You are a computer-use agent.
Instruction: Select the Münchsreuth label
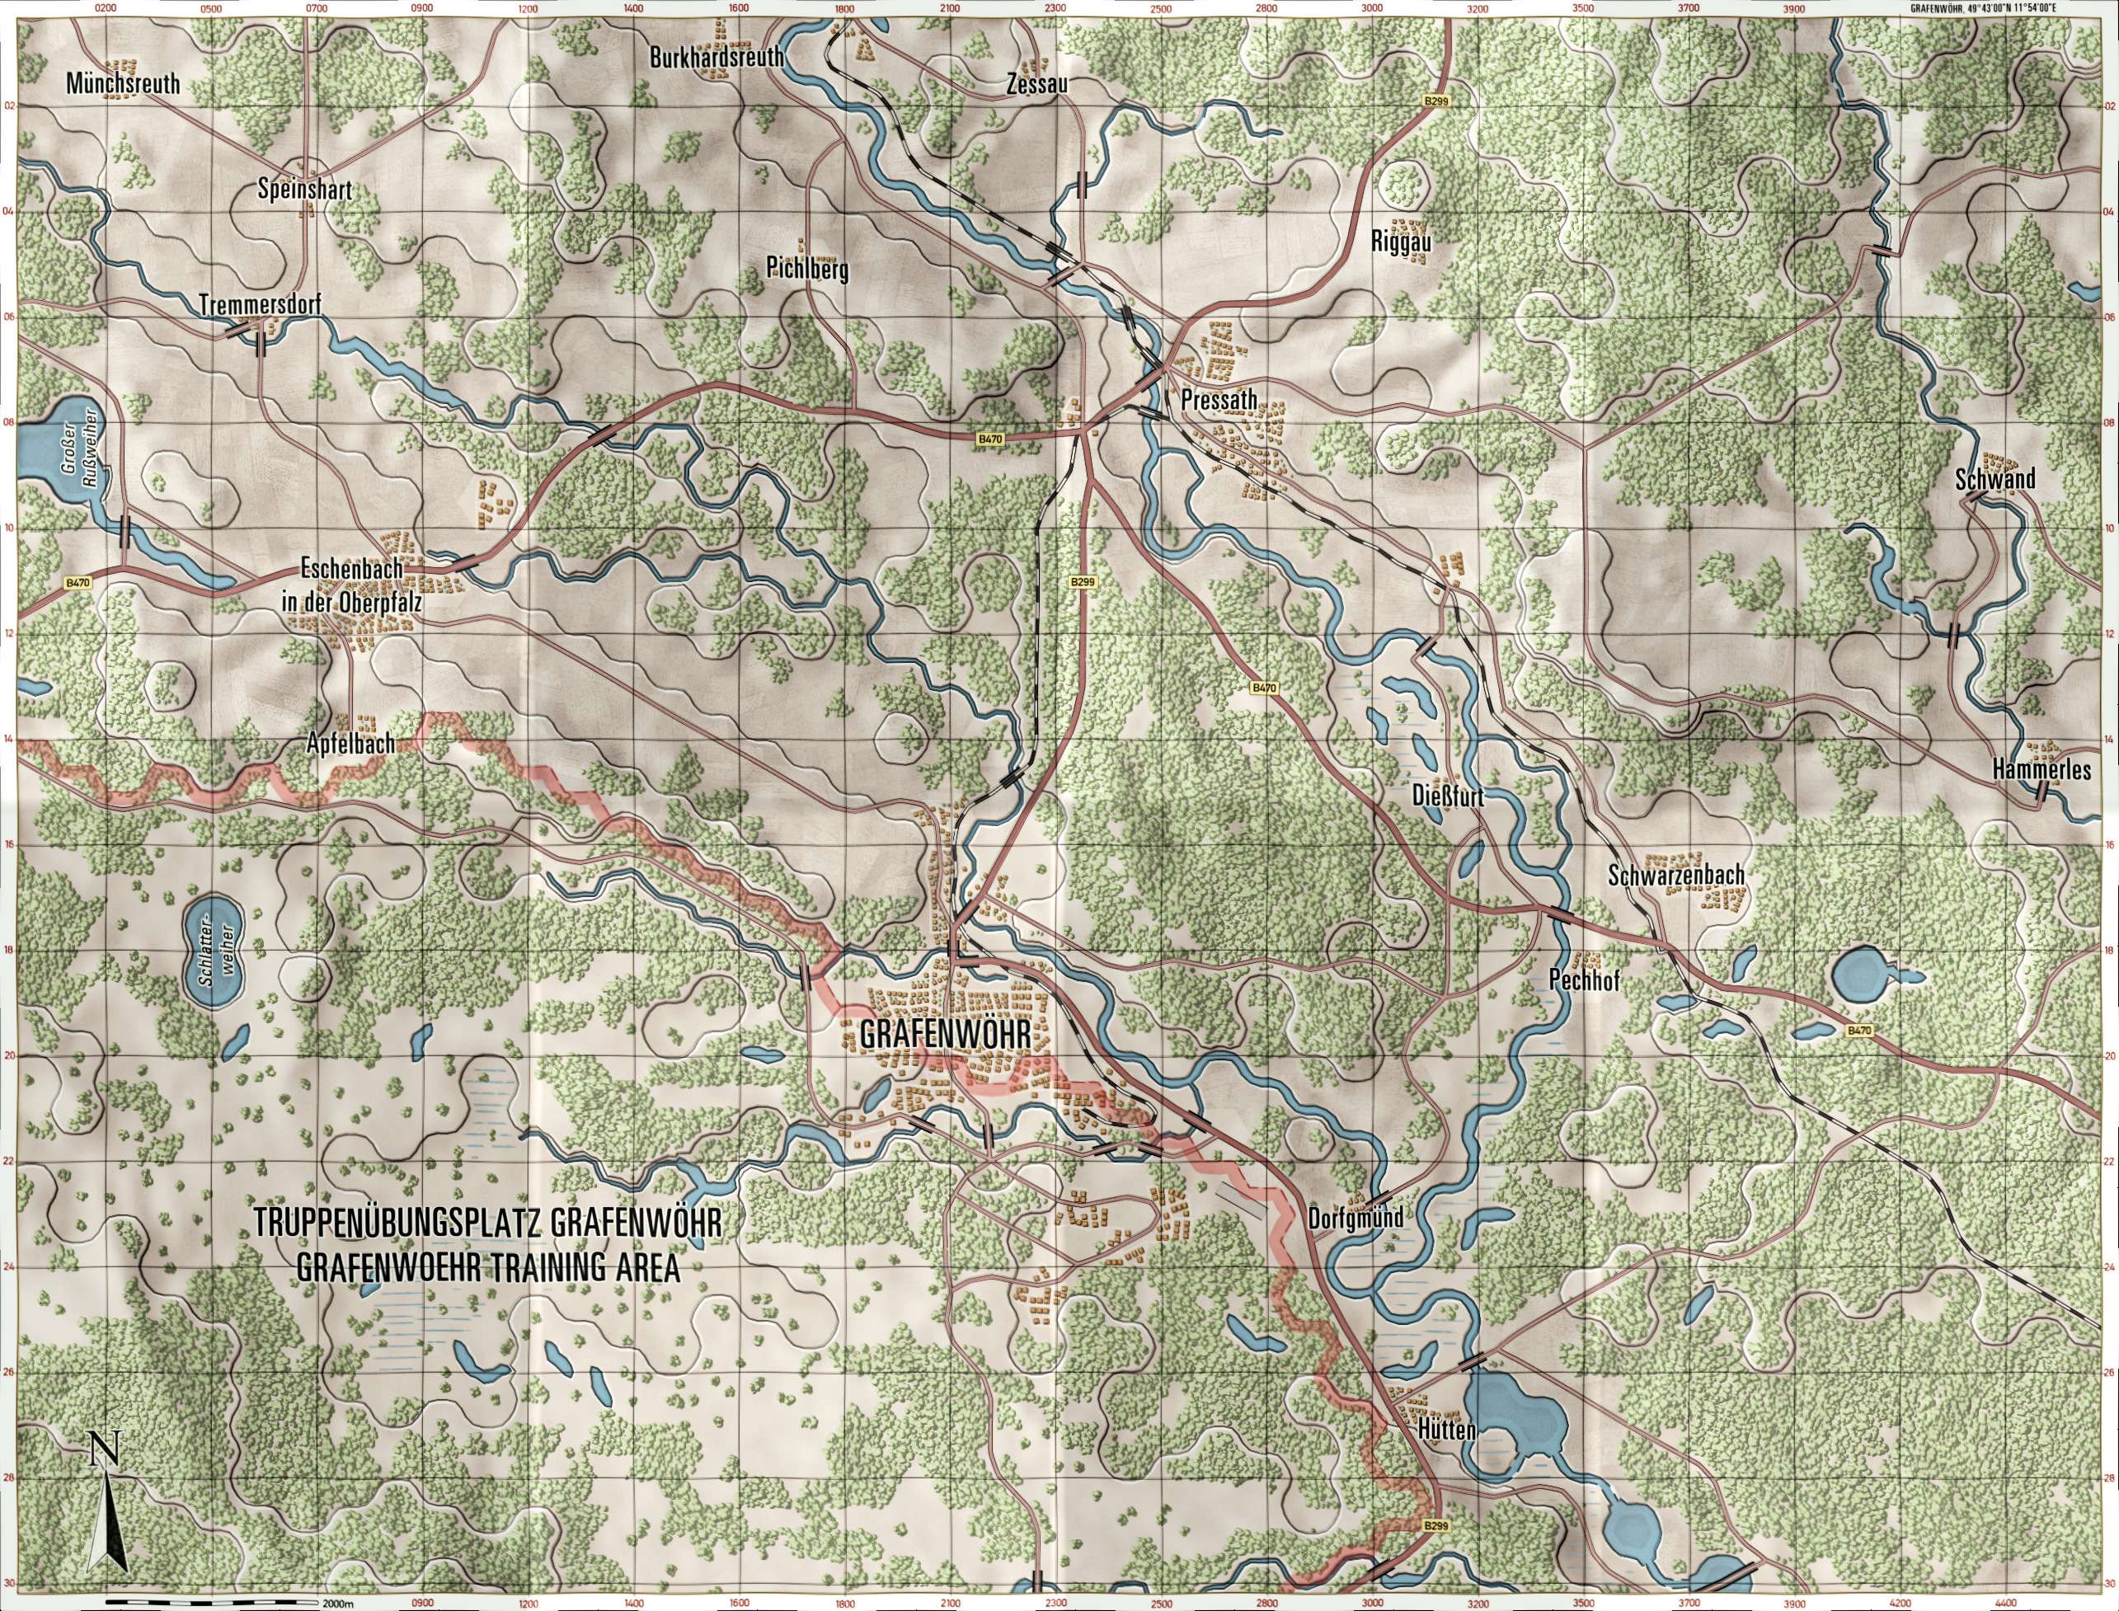[x=124, y=83]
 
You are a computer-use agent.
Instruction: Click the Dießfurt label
[x=1448, y=795]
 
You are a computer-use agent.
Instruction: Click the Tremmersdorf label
[x=260, y=304]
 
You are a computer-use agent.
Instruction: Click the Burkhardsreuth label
[x=717, y=58]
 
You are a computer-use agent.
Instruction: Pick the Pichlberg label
[x=807, y=270]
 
